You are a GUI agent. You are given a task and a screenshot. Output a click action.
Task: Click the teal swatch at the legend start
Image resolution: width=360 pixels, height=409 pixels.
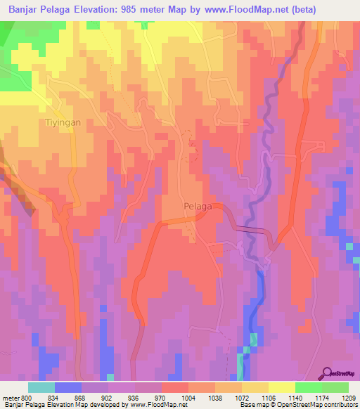[41, 387]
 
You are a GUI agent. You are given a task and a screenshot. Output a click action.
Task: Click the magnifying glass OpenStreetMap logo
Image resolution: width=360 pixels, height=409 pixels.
[328, 373]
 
